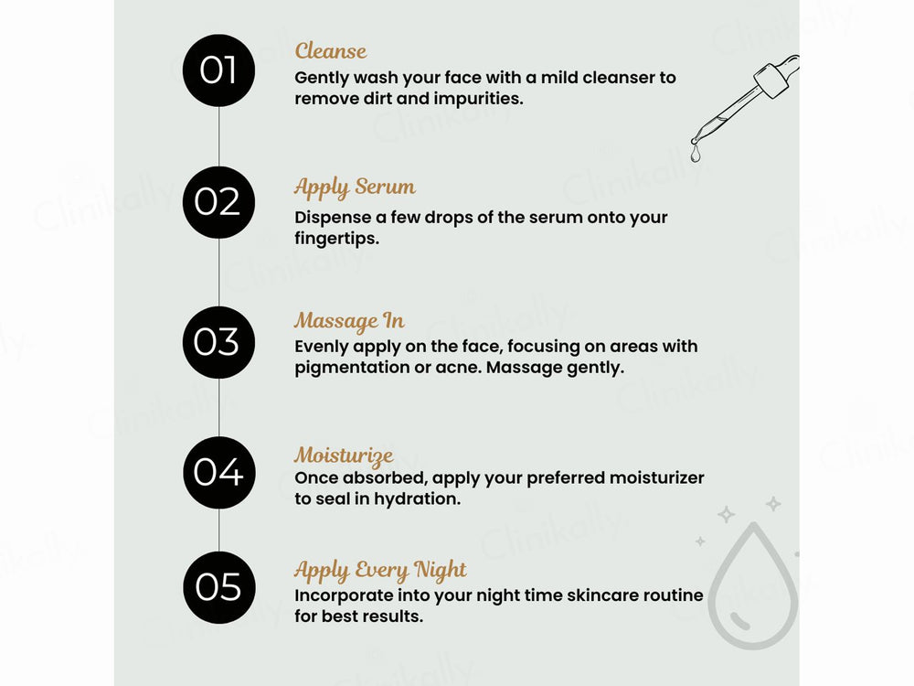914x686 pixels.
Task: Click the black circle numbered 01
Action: click(218, 70)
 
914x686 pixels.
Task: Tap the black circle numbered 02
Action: click(218, 202)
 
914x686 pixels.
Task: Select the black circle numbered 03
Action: click(218, 341)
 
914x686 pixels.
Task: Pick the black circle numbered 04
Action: click(218, 473)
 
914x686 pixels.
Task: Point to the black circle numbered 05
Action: click(218, 588)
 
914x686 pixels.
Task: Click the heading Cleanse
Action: click(330, 51)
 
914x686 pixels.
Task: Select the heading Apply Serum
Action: click(355, 188)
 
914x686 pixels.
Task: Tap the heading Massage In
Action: click(349, 322)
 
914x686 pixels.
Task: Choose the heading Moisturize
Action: click(344, 456)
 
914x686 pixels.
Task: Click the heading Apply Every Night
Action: click(380, 571)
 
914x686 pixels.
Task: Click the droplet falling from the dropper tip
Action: click(696, 155)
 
